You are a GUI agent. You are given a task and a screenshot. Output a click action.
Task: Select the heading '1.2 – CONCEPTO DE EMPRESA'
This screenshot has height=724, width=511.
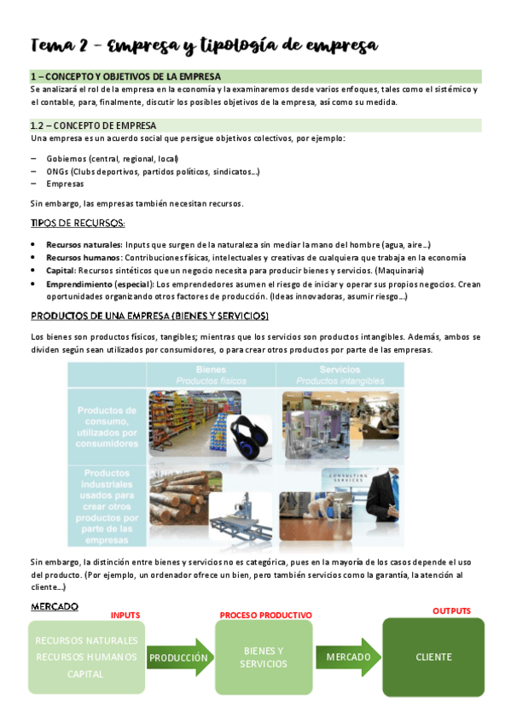[x=93, y=126]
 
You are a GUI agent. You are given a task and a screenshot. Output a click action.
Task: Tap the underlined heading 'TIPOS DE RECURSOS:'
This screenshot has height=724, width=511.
[x=77, y=224]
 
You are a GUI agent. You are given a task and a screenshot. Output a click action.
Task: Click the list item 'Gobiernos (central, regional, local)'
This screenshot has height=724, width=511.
[x=118, y=159]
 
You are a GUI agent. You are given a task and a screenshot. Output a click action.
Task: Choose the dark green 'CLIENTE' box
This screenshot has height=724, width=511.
[x=433, y=657]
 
